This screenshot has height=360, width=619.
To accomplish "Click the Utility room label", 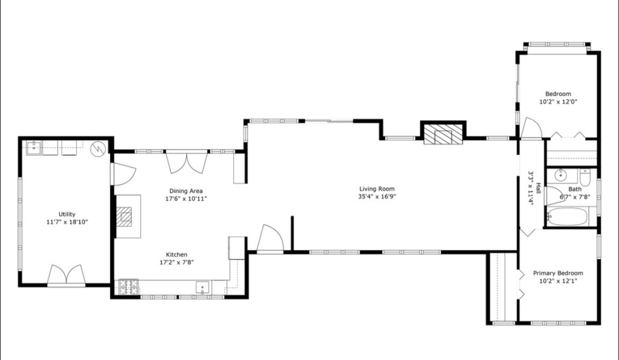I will tap(66, 214).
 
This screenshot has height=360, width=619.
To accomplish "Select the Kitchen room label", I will tap(177, 255).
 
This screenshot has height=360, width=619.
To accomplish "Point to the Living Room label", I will tap(378, 188).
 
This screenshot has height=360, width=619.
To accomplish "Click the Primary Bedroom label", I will tap(558, 273).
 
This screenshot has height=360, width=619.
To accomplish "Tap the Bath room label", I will tap(574, 189).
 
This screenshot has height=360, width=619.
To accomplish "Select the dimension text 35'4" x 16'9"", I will tap(378, 196).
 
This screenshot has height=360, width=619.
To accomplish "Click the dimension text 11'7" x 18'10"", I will tap(66, 222).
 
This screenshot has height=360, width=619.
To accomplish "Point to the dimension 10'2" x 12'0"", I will tap(558, 102).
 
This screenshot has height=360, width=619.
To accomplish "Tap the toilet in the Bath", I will tap(585, 178).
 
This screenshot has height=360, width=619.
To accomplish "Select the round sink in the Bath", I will tap(560, 176).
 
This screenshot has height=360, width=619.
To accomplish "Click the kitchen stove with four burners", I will tap(128, 287).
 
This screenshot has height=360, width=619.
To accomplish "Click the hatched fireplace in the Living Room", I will tap(442, 135).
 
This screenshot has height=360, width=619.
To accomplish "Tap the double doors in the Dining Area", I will tap(186, 162).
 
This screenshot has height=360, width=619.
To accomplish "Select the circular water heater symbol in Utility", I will tap(97, 148).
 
